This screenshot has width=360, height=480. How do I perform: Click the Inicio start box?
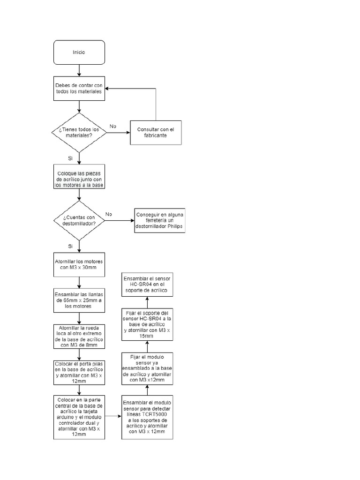pos(79,52)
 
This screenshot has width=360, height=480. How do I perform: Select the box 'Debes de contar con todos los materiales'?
pos(79,88)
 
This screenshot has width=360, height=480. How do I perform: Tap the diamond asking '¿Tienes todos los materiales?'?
pos(79,132)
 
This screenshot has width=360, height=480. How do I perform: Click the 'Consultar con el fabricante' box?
pos(155,132)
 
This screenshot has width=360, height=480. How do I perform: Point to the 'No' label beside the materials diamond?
pos(113,126)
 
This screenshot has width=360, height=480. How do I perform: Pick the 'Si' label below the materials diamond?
pos(70,158)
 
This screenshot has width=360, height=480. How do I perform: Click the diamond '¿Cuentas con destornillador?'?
pos(79,220)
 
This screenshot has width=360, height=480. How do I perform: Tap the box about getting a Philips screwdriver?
pos(159,220)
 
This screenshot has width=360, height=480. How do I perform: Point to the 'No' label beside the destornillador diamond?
pos(109,214)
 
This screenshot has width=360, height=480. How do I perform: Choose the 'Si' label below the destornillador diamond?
pos(70,246)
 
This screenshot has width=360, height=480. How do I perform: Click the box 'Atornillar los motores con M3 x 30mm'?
pos(79,264)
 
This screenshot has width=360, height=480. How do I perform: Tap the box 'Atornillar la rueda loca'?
pos(79,336)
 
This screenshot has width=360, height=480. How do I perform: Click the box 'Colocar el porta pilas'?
pos(79,372)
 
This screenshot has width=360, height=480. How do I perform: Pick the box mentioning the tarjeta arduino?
pos(79,416)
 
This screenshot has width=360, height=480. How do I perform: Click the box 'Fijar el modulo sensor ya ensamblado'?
pos(147,368)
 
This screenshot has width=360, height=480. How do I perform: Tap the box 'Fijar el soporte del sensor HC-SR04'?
pos(147,323)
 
